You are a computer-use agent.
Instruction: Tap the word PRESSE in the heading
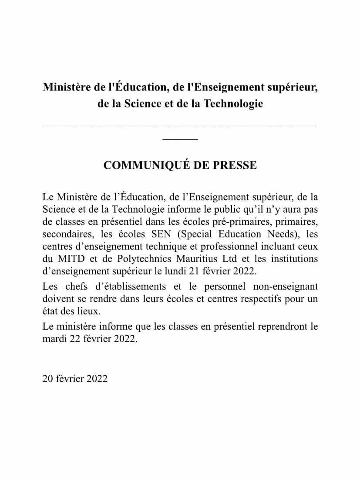coord(236,165)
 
